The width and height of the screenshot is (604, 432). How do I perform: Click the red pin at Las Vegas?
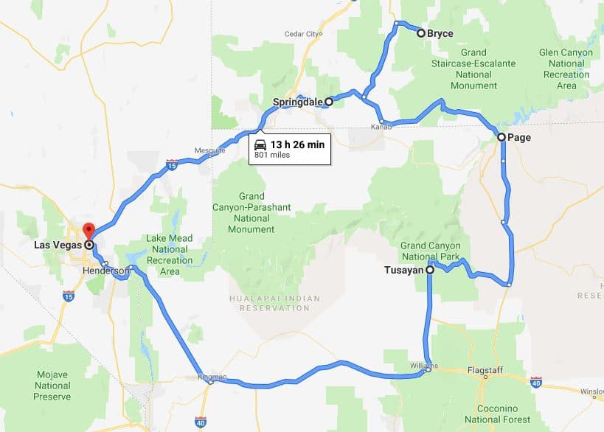(x=88, y=230)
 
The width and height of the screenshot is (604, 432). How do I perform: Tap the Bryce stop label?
(x=440, y=33)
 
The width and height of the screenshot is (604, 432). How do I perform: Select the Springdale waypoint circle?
(x=329, y=103)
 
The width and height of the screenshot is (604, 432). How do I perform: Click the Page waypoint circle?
(x=501, y=137)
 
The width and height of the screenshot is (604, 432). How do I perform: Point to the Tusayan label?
(x=403, y=271)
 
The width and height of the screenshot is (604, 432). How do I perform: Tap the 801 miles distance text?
(x=272, y=156)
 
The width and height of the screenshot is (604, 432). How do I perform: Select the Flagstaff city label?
(x=485, y=370)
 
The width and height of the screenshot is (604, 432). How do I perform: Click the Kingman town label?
(x=210, y=377)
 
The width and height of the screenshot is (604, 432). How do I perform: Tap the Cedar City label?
(x=302, y=34)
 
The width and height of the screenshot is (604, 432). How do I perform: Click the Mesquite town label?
(x=209, y=150)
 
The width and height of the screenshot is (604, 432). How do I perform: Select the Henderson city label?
(x=107, y=271)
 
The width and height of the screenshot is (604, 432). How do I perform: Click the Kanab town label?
(x=380, y=127)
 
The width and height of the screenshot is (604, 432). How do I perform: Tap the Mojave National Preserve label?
(x=52, y=386)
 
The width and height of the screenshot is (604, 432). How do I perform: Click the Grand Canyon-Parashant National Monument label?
(x=251, y=213)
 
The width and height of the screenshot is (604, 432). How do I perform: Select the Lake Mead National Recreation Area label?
(x=169, y=255)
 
